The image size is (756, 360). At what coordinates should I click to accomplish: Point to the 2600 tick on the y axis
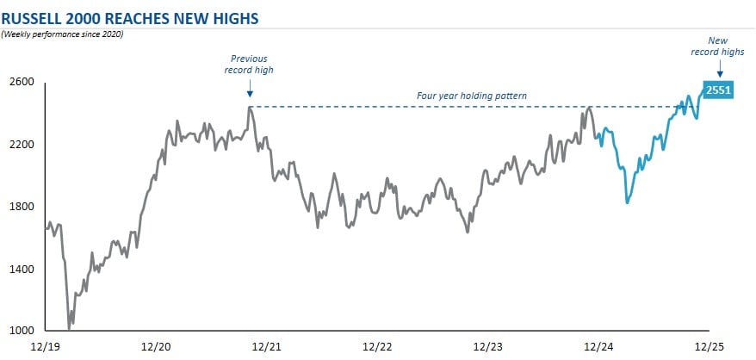click(x=22, y=83)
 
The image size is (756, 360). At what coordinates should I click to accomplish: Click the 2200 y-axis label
click(x=22, y=145)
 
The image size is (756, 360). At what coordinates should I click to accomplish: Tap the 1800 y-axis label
click(x=22, y=207)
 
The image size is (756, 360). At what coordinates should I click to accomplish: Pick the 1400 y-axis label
click(x=22, y=269)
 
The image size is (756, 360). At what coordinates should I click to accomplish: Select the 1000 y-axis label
click(x=22, y=331)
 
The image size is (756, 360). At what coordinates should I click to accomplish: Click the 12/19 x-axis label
click(x=45, y=347)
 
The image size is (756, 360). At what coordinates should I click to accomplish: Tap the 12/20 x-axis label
click(x=156, y=347)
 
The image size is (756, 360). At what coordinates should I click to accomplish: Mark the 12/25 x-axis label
click(x=709, y=347)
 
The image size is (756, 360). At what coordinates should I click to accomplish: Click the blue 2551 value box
click(x=717, y=90)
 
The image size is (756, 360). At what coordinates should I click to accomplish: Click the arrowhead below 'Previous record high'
click(x=249, y=95)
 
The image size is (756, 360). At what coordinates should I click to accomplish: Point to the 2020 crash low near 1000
click(x=69, y=328)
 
